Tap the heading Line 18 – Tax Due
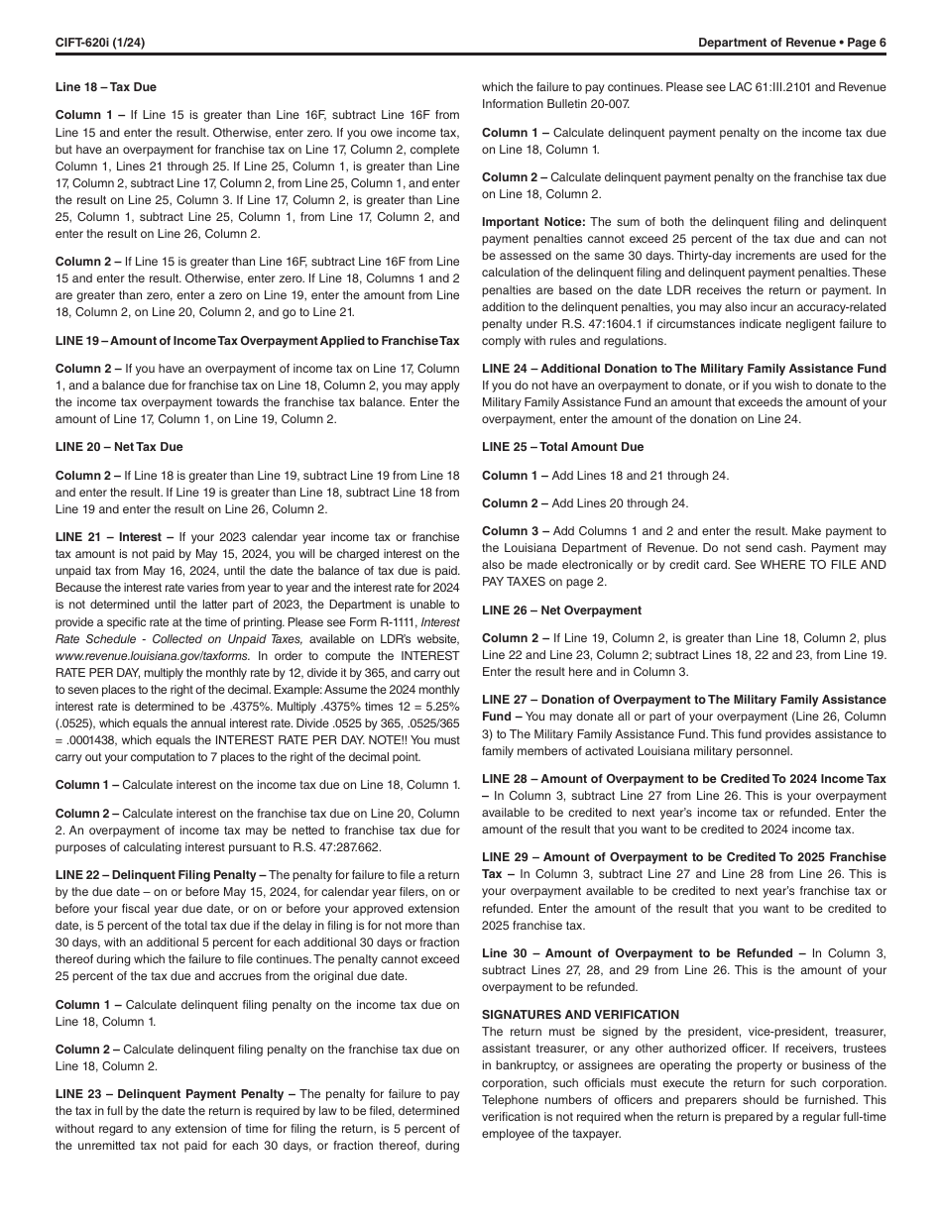pyautogui.click(x=106, y=87)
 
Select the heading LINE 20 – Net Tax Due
pyautogui.click(x=119, y=447)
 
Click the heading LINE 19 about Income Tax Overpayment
pyautogui.click(x=258, y=341)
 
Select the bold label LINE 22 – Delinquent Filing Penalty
pyautogui.click(x=160, y=874)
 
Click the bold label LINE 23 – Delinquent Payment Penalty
pyautogui.click(x=175, y=1094)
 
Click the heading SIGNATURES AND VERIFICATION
pyautogui.click(x=580, y=1015)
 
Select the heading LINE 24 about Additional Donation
pyautogui.click(x=684, y=369)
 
